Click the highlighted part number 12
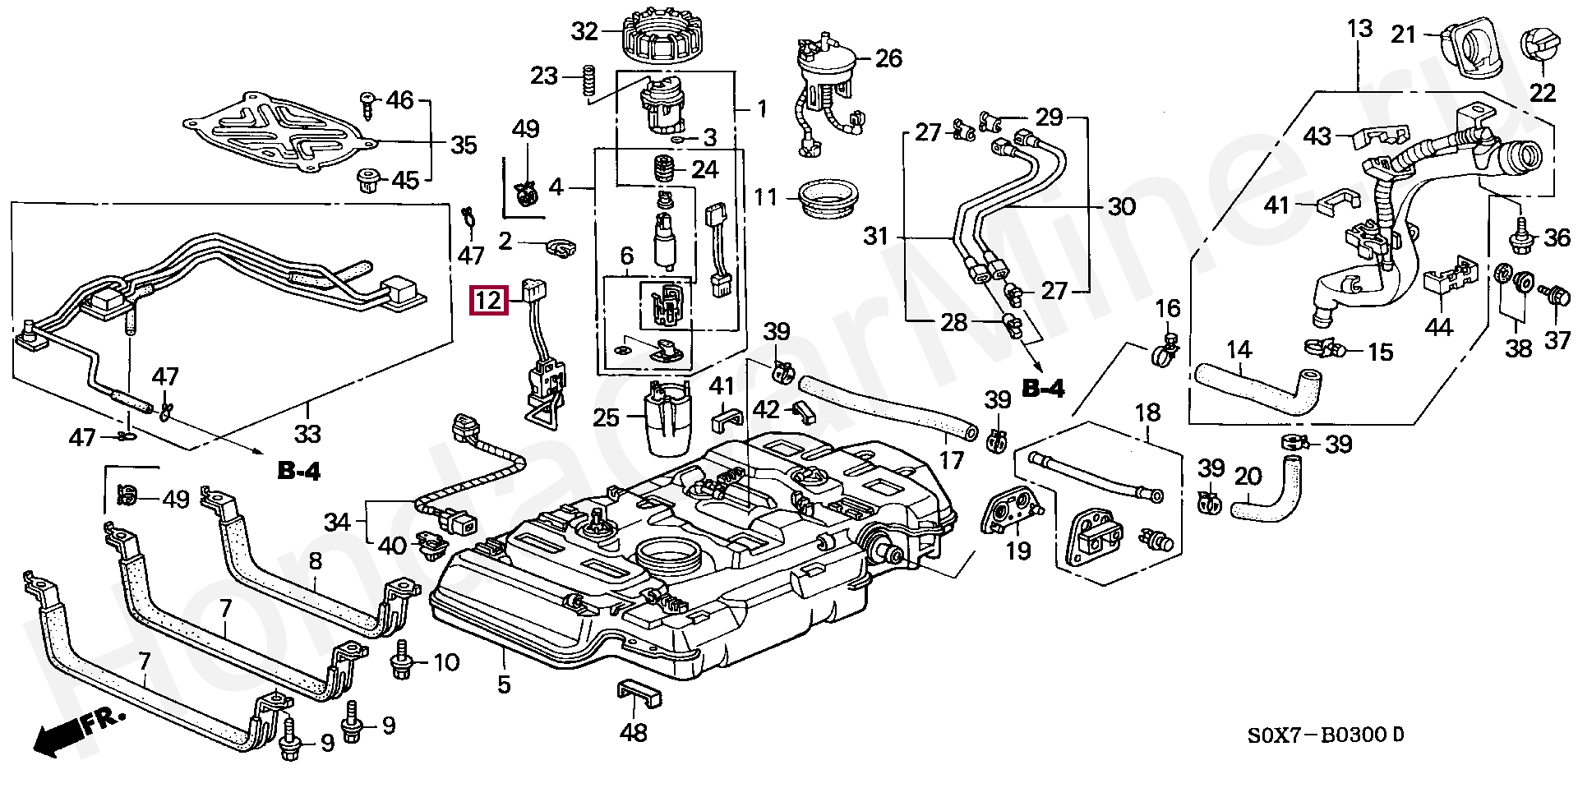(488, 300)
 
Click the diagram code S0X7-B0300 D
(1325, 735)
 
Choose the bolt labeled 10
(403, 661)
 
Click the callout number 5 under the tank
(504, 684)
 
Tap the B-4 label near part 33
(298, 471)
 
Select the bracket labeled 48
(639, 694)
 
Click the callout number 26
(888, 58)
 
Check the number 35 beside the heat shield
(464, 145)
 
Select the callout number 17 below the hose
(951, 459)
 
